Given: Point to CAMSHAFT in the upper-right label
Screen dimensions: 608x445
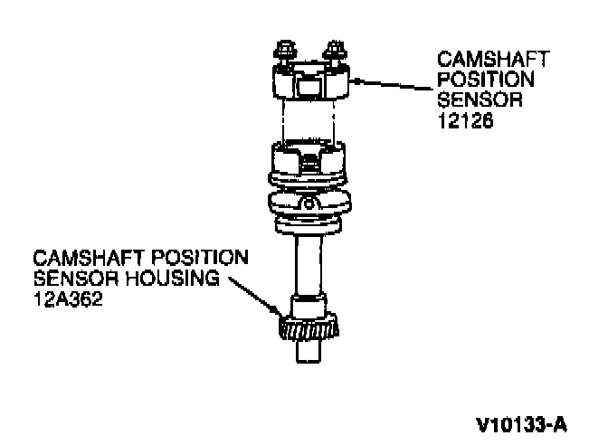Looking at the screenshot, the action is [x=492, y=59].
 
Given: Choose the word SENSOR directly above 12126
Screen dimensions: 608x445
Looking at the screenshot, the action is [x=473, y=99].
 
